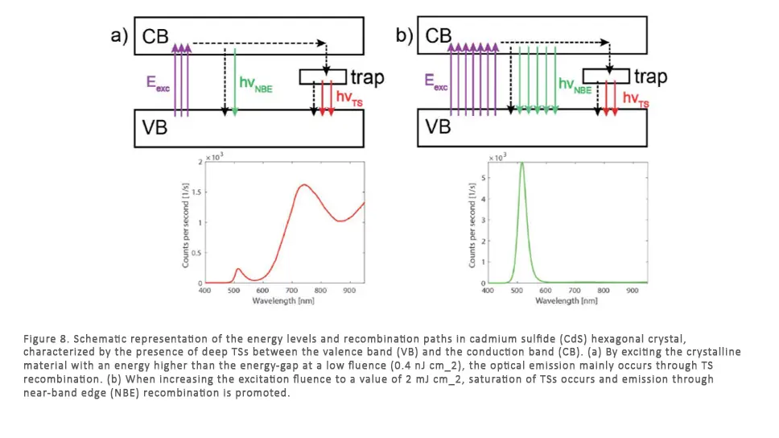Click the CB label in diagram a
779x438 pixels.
click(156, 36)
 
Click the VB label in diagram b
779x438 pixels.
click(438, 126)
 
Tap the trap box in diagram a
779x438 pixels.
click(322, 76)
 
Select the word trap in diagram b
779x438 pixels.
click(650, 77)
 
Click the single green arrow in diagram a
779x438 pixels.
click(234, 81)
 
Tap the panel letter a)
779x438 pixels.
click(119, 36)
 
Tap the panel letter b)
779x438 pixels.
click(403, 36)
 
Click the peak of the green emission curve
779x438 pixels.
click(521, 163)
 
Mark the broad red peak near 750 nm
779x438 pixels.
click(304, 185)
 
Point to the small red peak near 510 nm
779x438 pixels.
click(238, 269)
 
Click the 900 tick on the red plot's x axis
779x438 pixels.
click(350, 290)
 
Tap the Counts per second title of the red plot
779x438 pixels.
click(188, 223)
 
